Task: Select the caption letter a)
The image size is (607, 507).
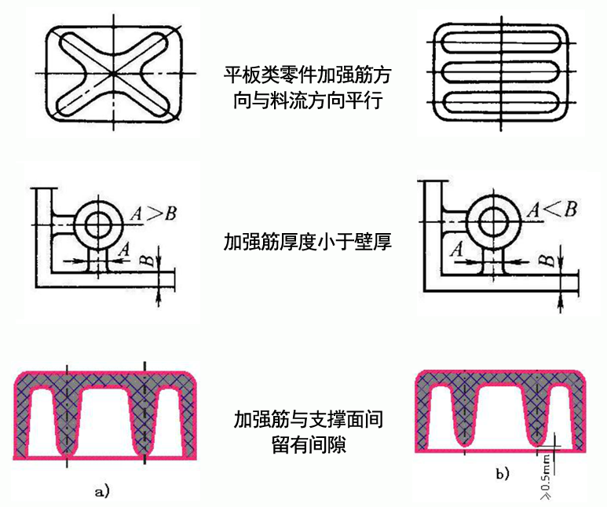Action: (x=102, y=491)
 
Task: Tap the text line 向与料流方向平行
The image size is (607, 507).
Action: (x=307, y=100)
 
